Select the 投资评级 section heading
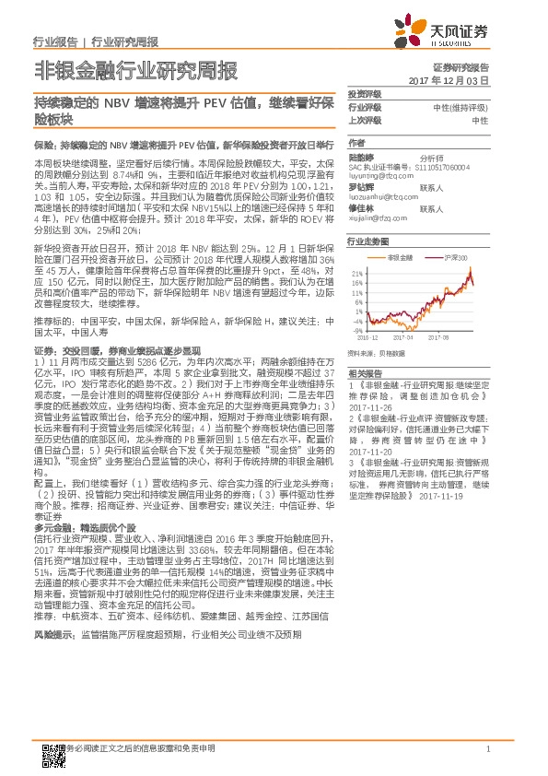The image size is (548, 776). coord(365,96)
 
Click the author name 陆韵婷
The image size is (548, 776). coord(360,157)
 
